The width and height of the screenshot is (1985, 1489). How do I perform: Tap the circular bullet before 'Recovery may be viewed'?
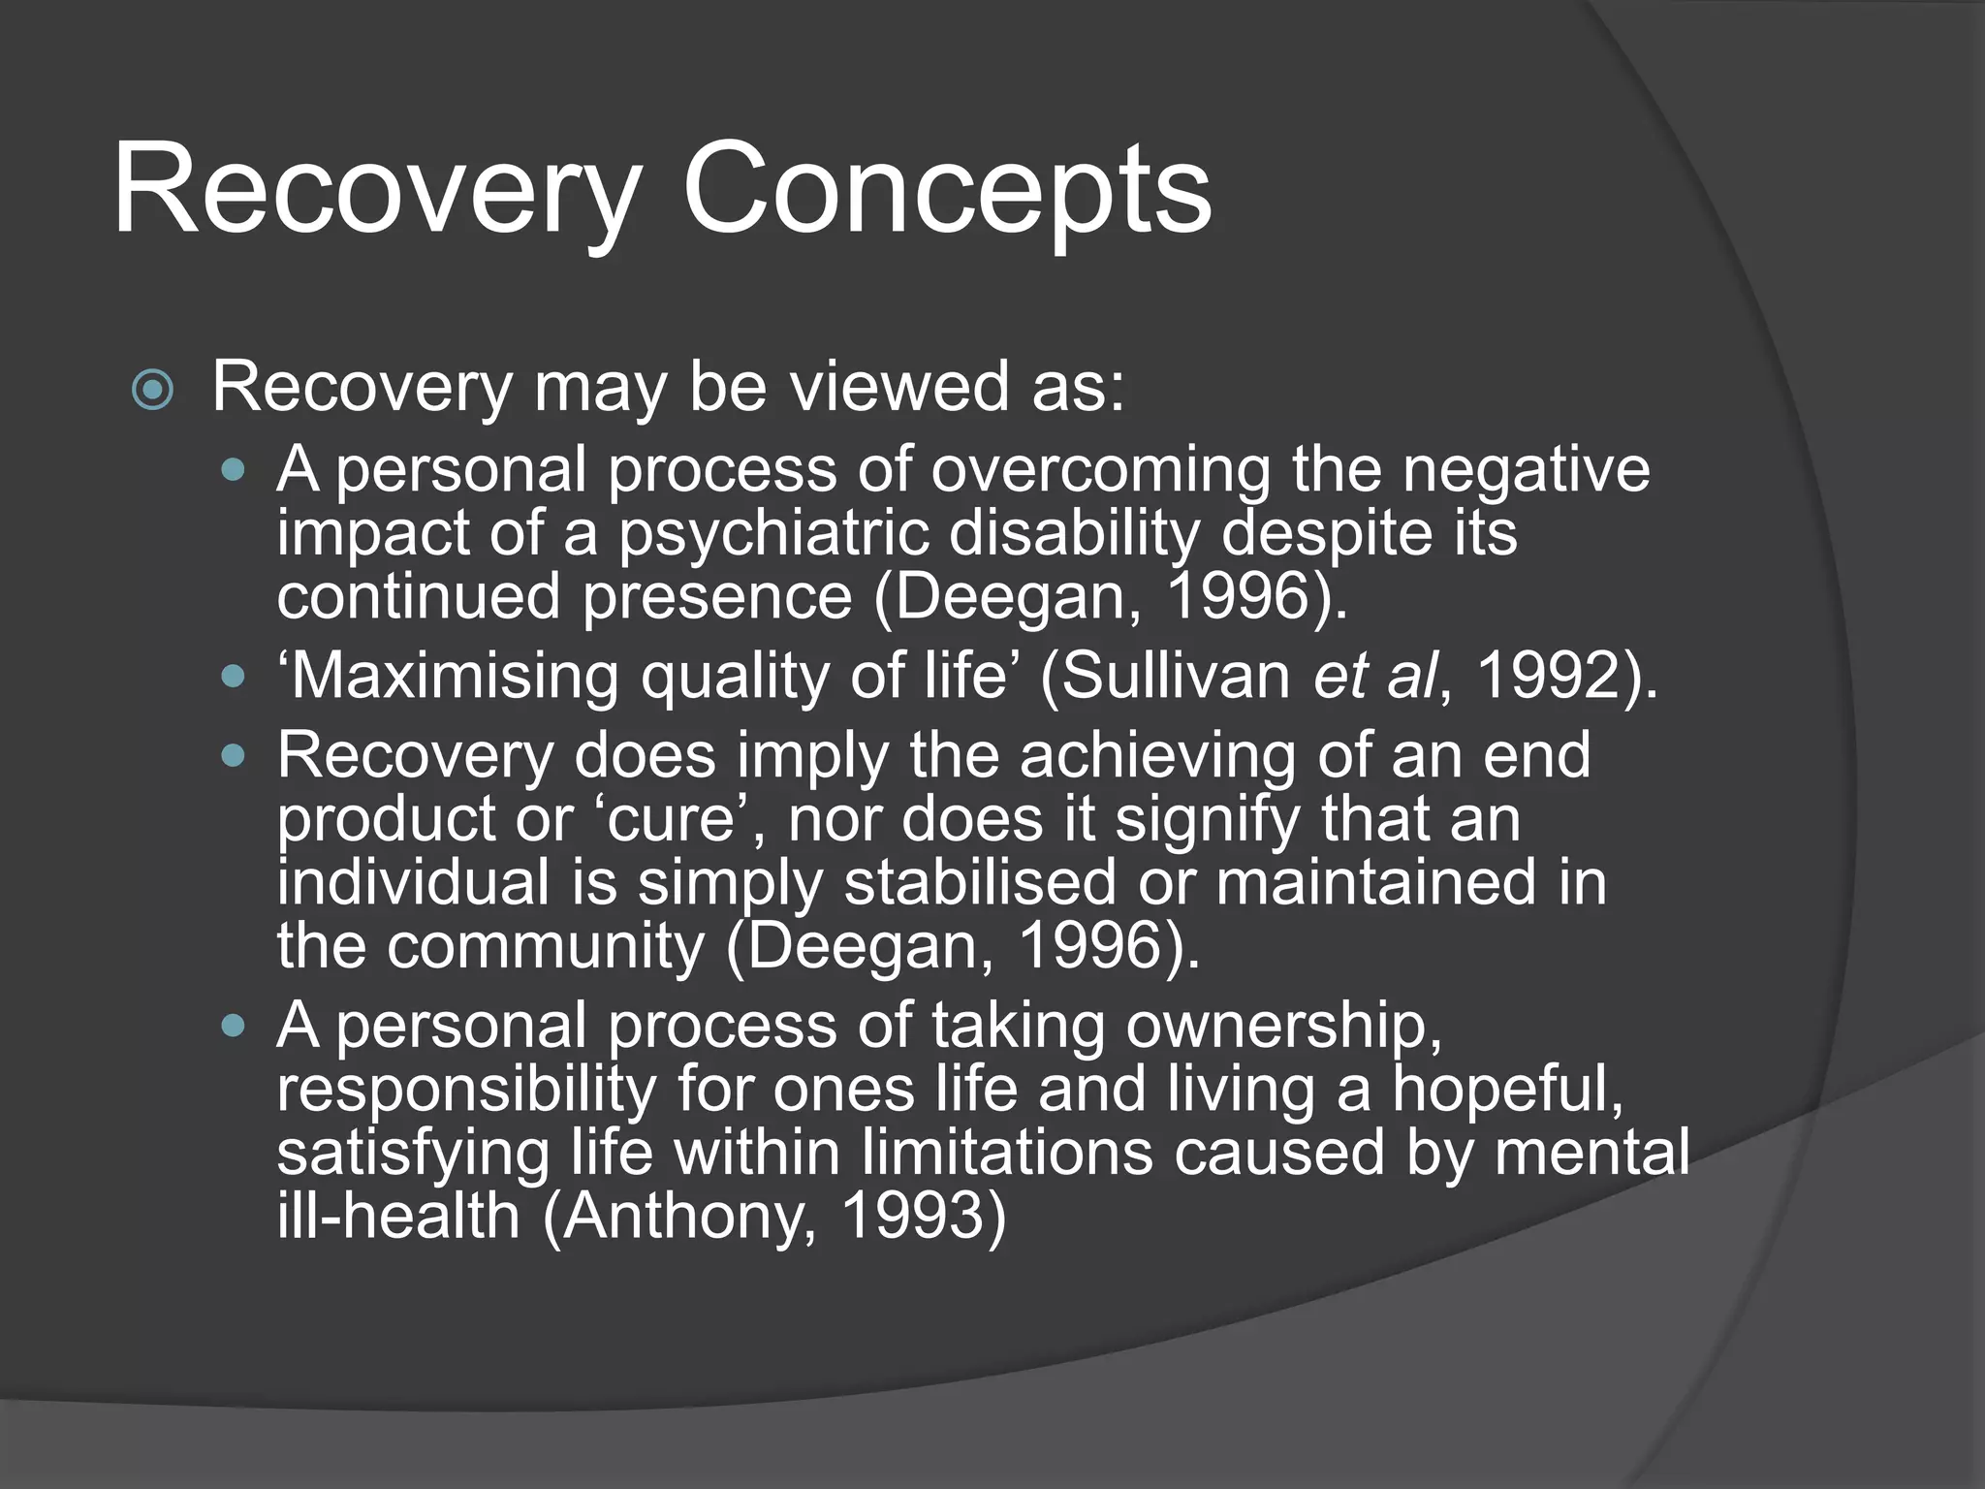[153, 391]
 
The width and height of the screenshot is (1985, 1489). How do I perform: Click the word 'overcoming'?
[1100, 470]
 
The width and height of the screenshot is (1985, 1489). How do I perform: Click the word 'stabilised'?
[980, 883]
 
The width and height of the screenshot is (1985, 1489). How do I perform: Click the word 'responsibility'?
[466, 1091]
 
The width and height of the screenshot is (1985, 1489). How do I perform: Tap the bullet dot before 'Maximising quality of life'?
[234, 675]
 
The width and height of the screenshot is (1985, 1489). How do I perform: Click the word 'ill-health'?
[398, 1217]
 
